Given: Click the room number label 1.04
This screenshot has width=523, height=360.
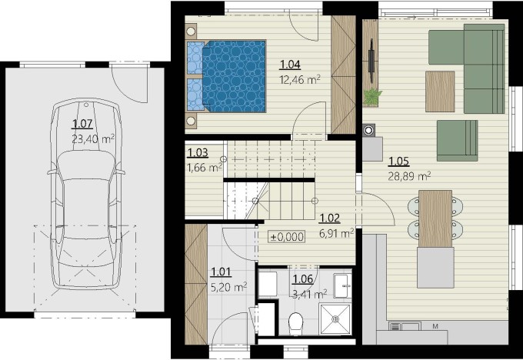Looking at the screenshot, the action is click(290, 65).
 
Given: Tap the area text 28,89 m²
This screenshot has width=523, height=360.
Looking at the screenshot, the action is click(409, 176).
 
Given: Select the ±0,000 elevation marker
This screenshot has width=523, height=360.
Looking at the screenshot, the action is click(287, 237).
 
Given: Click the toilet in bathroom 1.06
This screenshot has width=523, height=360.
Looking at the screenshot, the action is click(295, 323).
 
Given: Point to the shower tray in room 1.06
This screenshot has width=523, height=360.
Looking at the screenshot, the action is click(335, 319).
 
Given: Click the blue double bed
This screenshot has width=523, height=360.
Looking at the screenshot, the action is click(226, 76).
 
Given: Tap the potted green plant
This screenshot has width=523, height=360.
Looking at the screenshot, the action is click(372, 97).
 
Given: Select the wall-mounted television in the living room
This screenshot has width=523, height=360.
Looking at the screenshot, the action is click(371, 61).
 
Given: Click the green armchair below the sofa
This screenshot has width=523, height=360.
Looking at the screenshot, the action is click(457, 141).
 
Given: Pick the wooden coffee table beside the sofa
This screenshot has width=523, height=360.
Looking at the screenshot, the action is click(440, 92).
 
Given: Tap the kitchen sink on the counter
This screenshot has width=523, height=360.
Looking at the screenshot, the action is click(405, 326).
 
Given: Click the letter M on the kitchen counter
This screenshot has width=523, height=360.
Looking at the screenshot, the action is click(435, 326).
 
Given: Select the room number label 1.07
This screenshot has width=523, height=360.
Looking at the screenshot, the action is click(82, 124).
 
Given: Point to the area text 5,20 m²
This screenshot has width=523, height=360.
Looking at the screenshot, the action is click(229, 287).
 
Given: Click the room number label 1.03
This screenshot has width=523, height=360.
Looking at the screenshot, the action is click(198, 153).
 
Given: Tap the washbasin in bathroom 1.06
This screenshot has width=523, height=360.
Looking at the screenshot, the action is click(342, 286).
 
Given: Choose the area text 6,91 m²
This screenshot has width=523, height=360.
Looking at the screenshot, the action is click(337, 234).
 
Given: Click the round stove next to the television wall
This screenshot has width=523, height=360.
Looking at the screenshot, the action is click(369, 130).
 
